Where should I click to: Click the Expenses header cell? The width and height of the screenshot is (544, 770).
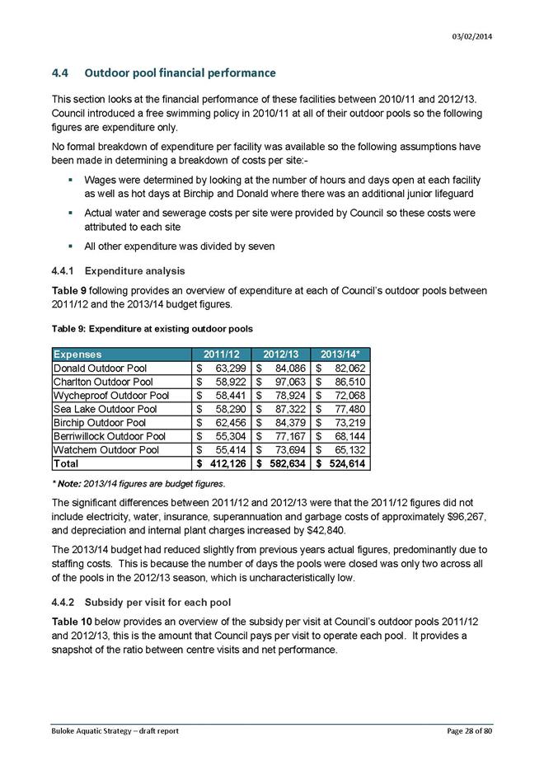click(x=78, y=354)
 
